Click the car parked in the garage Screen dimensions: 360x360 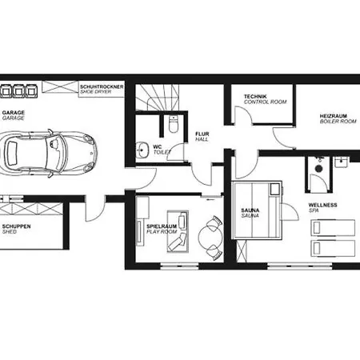pyautogui.click(x=48, y=154)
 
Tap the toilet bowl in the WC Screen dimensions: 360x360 pyautogui.click(x=174, y=124)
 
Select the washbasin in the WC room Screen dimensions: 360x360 pyautogui.click(x=142, y=150)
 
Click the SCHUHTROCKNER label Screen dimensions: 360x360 pyautogui.click(x=102, y=86)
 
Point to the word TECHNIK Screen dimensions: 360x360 pyautogui.click(x=255, y=97)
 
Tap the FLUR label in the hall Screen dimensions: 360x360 pyautogui.click(x=202, y=134)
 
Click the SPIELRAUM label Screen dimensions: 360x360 pyautogui.click(x=162, y=226)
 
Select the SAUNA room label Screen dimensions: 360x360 pyautogui.click(x=250, y=210)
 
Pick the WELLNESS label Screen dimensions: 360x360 pyautogui.click(x=322, y=205)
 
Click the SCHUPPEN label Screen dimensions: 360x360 pyautogui.click(x=16, y=226)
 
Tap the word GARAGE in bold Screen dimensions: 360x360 pyautogui.click(x=14, y=113)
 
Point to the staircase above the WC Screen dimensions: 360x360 pyautogui.click(x=158, y=98)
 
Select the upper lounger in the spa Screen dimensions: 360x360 pyautogui.click(x=333, y=227)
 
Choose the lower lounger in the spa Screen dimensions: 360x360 pyautogui.click(x=333, y=248)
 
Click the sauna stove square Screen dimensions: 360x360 pyautogui.click(x=274, y=190)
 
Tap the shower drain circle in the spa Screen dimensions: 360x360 pyautogui.click(x=318, y=169)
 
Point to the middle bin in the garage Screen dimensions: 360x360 pyautogui.click(x=18, y=91)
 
